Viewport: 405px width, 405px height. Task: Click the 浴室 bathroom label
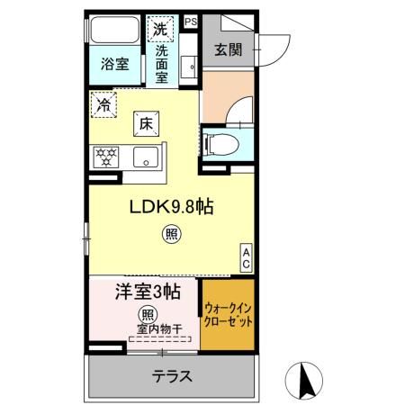(114, 66)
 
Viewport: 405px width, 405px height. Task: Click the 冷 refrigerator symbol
(104, 104)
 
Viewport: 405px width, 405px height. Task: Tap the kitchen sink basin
(144, 157)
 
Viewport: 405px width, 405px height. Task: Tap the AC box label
(245, 258)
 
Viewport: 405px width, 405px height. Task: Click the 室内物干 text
(158, 328)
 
